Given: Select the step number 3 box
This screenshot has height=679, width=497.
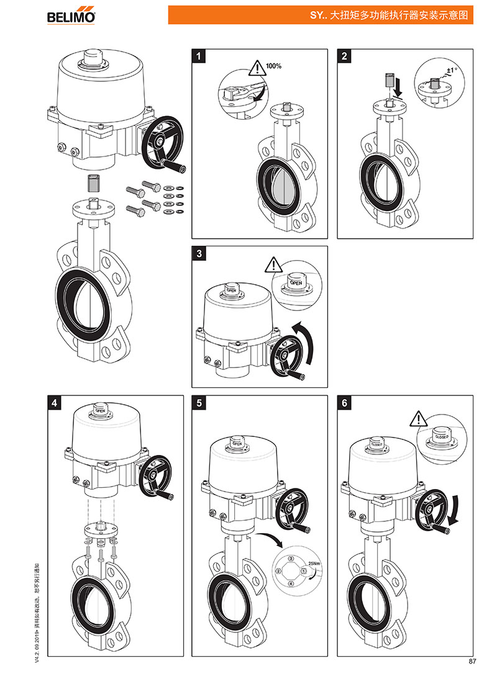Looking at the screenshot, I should coord(198,254).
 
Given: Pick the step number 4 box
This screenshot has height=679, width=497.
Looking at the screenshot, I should coord(55,403).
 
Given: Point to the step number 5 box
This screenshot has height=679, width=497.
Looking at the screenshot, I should coord(198,403).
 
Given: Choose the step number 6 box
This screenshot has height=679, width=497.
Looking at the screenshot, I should coord(345,403).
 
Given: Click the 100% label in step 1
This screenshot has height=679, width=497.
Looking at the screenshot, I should coord(274,65).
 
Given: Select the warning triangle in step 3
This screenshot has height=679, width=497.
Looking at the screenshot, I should coord(273,266).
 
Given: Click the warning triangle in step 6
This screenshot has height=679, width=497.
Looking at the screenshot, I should coord(418,419).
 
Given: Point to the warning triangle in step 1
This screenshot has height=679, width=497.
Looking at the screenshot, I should coord(256,67).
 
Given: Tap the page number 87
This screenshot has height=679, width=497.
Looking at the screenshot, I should coord(472,660).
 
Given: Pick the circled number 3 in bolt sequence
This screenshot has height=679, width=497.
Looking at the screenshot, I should coord(291,559).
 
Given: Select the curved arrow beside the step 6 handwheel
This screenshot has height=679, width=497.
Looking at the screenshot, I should coord(455,509).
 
